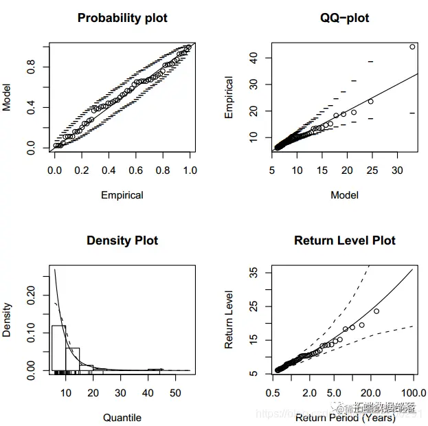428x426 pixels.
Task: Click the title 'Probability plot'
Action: pos(122,18)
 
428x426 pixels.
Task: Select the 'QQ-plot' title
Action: pos(344,18)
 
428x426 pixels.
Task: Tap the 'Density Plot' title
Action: pos(122,240)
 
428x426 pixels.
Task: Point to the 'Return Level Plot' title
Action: pos(344,240)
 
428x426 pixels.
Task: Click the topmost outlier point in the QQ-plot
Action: pos(412,47)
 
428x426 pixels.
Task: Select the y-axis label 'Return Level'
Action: pos(229,319)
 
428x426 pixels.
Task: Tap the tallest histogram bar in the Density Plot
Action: pos(58,348)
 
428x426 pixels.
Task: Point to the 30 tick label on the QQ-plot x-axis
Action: pos(398,170)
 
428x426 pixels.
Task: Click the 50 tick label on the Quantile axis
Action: pos(175,392)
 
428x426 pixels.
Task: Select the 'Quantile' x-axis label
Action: pos(122,417)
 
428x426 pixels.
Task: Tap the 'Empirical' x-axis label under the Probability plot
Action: pos(122,194)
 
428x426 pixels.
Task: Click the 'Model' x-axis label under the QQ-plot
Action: pos(344,194)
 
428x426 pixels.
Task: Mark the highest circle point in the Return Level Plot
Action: pos(376,311)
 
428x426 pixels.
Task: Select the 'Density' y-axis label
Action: pos(7,319)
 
